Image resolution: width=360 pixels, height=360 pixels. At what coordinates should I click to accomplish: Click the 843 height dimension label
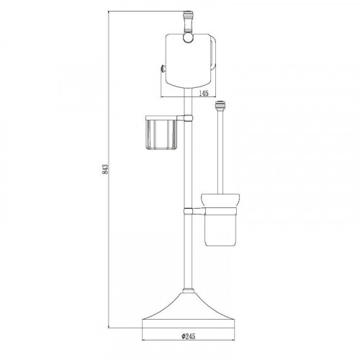pos(106,169)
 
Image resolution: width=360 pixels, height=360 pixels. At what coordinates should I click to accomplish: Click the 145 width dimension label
pos(204,94)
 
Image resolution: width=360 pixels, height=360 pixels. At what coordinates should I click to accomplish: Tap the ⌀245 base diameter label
pos(189,336)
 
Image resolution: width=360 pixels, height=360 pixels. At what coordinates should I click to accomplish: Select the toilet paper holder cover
pos(188,60)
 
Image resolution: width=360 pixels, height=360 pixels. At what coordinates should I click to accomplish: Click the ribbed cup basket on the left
pos(161,135)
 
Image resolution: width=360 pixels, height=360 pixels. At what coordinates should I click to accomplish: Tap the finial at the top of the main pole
pos(188,22)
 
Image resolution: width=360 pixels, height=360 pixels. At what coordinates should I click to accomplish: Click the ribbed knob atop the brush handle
pos(220,106)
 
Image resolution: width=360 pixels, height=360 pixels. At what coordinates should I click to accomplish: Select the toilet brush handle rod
pos(220,152)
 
